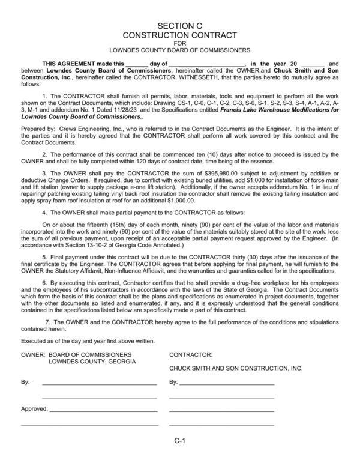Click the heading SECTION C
pyautogui.click(x=181, y=26)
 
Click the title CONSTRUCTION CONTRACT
pyautogui.click(x=181, y=35)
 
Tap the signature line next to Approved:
pyautogui.click(x=103, y=411)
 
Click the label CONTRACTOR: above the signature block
pyautogui.click(x=187, y=355)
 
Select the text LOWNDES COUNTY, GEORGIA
pyautogui.click(x=92, y=362)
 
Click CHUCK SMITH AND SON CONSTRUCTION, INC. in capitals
pyautogui.click(x=236, y=368)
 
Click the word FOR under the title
pyautogui.click(x=181, y=43)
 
